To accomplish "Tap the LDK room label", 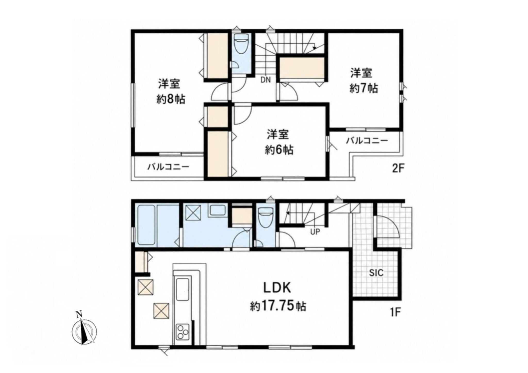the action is point(277,288).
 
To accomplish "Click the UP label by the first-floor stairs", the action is point(315,232).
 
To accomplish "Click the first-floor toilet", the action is point(266,218).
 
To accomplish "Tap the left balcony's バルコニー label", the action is point(168,167).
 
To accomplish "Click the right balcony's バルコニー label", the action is point(367,140).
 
